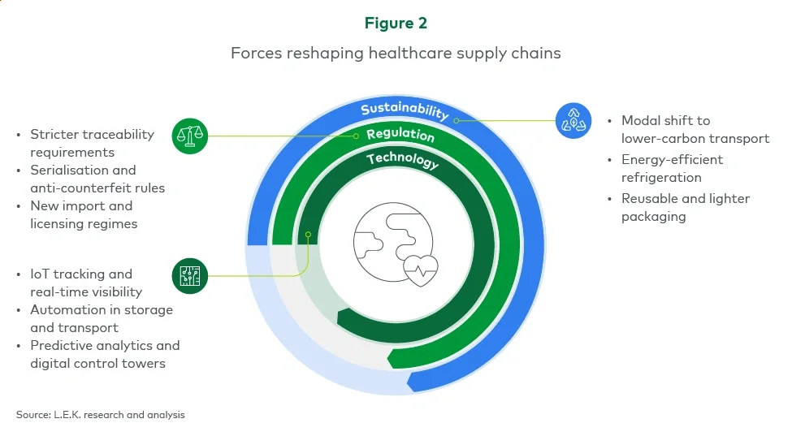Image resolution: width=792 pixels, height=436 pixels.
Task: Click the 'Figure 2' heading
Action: tap(396, 24)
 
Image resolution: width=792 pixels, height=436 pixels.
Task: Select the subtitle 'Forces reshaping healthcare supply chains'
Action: tap(396, 53)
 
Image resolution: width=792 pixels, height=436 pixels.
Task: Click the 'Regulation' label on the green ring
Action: tap(400, 135)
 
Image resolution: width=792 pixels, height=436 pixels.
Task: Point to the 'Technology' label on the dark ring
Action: tap(402, 160)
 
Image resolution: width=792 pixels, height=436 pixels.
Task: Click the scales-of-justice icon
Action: tap(190, 135)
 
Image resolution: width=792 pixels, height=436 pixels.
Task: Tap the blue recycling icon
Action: tap(573, 120)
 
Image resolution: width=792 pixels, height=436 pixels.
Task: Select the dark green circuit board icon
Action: tap(190, 276)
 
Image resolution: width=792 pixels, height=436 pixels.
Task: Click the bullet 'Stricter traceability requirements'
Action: tap(92, 143)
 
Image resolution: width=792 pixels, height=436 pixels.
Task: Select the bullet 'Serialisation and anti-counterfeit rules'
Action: tap(97, 179)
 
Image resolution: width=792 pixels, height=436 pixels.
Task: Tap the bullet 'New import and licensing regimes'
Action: tap(84, 214)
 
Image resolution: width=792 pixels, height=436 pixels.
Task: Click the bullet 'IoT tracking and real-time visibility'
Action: tap(86, 283)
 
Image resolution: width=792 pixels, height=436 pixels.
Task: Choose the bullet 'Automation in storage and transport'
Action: tap(102, 318)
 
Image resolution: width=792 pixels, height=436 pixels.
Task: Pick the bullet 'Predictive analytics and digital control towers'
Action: tap(105, 354)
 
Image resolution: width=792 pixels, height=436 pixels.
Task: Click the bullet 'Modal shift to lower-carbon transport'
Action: tap(695, 129)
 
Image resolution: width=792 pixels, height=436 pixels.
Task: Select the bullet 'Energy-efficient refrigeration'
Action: tap(672, 168)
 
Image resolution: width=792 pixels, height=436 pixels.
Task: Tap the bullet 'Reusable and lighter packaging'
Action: tap(685, 207)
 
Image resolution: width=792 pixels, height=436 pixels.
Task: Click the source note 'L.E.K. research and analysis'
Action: tap(101, 415)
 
